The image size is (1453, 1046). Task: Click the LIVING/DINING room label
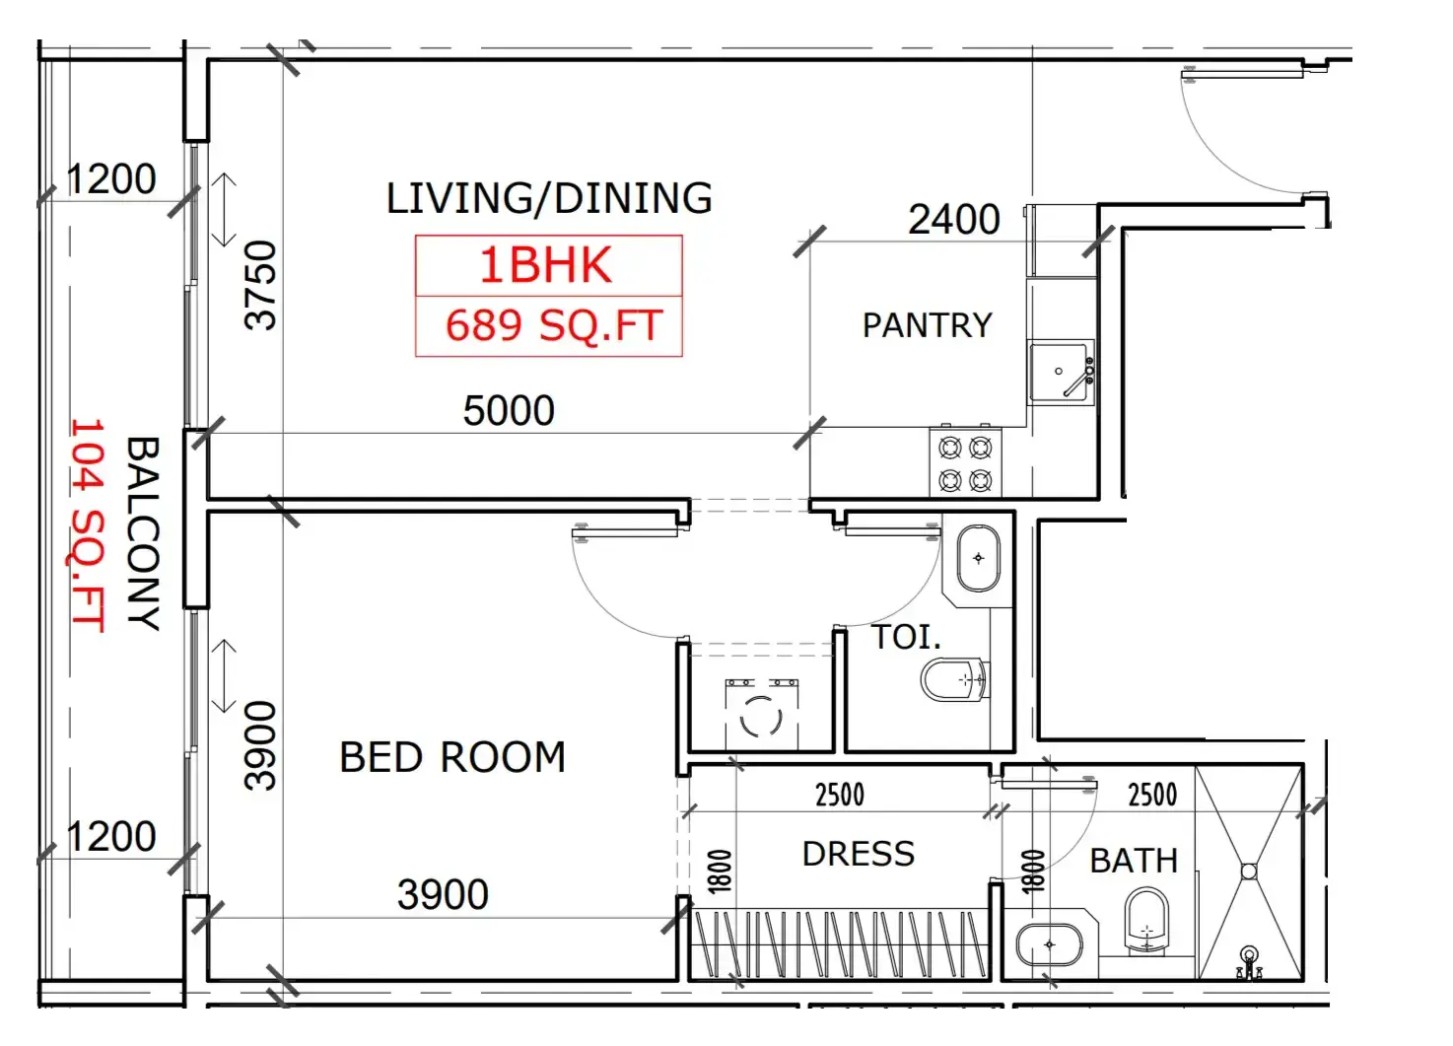(x=549, y=198)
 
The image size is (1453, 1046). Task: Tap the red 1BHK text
(x=545, y=265)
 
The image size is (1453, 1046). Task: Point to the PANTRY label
(x=927, y=325)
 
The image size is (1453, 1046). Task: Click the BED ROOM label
(x=452, y=757)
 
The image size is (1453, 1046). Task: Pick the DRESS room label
(x=859, y=854)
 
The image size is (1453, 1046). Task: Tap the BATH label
(x=1134, y=861)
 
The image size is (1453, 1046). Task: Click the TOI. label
(x=906, y=637)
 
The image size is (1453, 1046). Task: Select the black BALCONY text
(x=143, y=533)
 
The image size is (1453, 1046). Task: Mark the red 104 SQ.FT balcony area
(x=88, y=524)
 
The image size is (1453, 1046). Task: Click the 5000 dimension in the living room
(x=509, y=411)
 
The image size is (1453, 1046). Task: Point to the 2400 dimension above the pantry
(x=953, y=219)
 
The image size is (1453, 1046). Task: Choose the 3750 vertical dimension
(x=260, y=286)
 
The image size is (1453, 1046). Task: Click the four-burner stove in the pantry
(x=965, y=462)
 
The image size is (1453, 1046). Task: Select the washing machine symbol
(x=762, y=714)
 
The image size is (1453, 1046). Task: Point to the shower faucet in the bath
(x=1249, y=963)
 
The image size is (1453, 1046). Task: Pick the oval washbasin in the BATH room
(x=1049, y=944)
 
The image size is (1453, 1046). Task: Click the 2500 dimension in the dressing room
(x=839, y=795)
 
